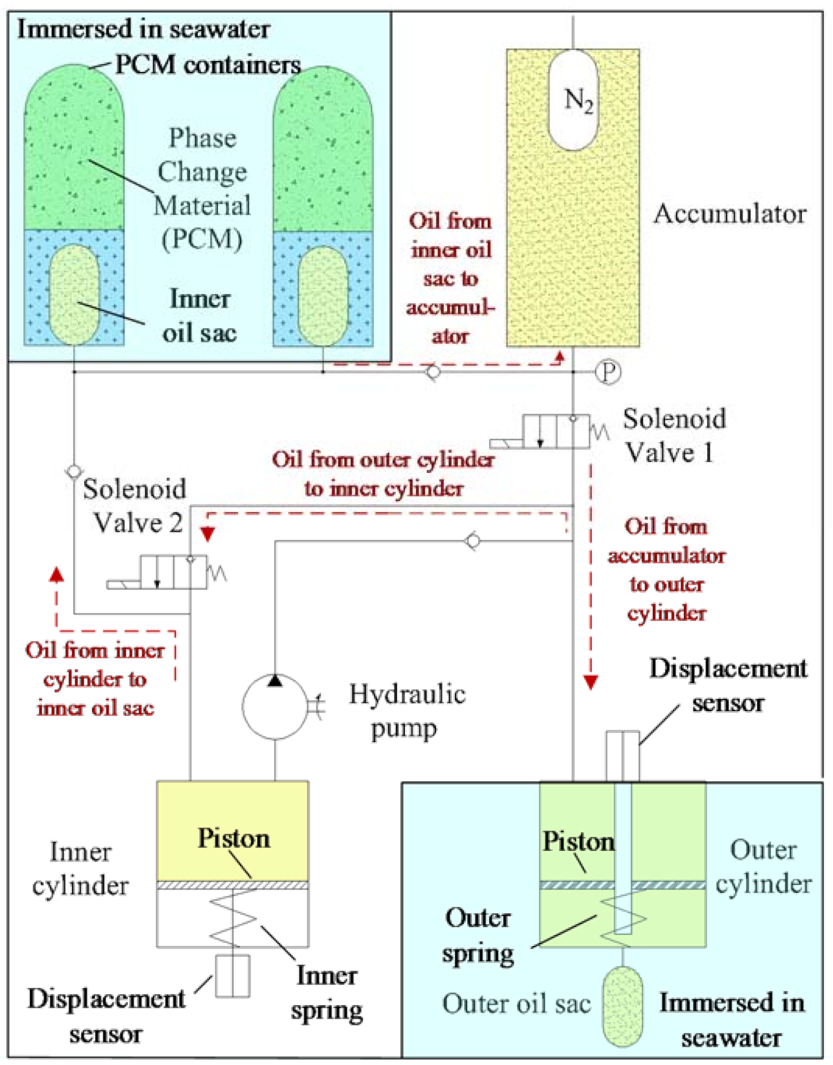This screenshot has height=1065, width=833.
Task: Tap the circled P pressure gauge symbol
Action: point(608,371)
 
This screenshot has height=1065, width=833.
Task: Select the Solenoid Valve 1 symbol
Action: point(556,431)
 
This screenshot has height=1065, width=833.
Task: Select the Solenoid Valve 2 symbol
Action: point(173,572)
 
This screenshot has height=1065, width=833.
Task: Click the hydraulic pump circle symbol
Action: point(275,707)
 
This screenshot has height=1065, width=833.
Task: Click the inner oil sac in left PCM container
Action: point(74,295)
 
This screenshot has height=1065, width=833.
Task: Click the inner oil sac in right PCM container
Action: point(322,296)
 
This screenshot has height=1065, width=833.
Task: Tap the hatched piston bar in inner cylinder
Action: point(232,885)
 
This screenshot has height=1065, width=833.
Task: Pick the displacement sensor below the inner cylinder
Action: point(233,976)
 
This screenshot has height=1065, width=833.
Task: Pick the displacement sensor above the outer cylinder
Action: point(622,756)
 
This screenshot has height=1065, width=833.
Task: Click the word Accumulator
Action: point(729,214)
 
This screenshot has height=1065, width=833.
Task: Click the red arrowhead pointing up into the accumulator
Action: point(559,356)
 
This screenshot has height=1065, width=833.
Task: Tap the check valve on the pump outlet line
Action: point(473,541)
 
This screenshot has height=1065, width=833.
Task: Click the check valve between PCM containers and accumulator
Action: point(433,371)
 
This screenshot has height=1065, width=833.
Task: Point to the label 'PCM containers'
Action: point(208,65)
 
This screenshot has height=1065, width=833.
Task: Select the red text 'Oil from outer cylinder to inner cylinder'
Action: point(384,474)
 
